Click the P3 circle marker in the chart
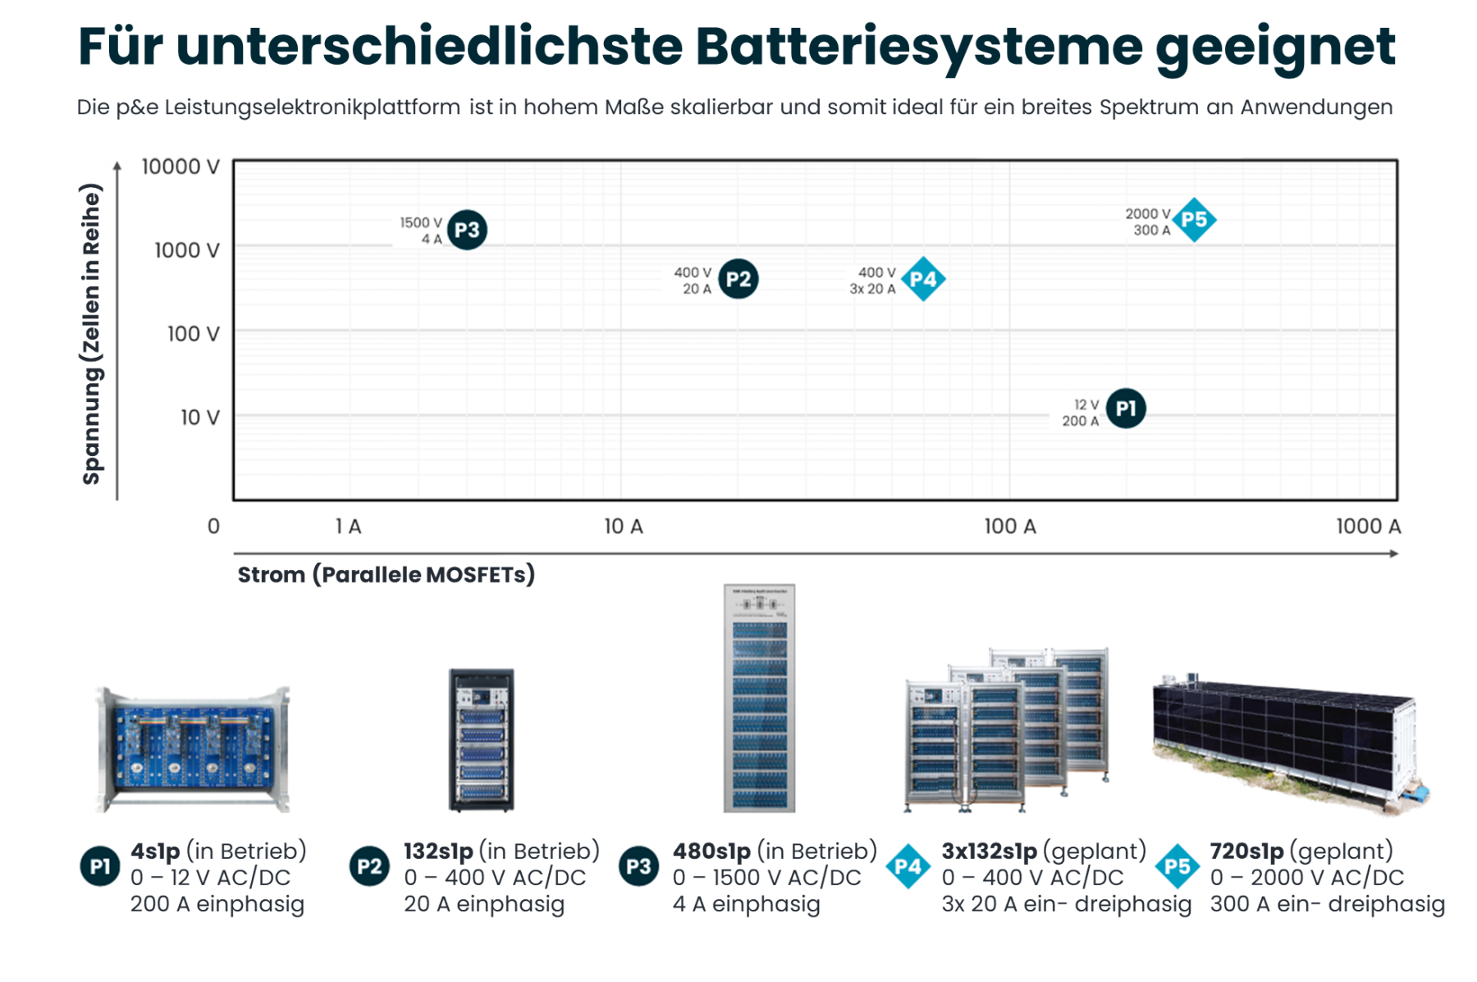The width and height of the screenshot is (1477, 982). tap(467, 230)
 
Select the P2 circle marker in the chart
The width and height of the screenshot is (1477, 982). tap(738, 279)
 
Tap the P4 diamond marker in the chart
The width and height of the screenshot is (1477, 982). tap(923, 279)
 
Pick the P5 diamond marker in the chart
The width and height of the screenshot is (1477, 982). tap(1194, 220)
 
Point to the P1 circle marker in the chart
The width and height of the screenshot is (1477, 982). tap(1126, 409)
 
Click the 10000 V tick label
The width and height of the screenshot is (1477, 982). tap(181, 167)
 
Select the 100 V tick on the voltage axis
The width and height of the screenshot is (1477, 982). tap(194, 334)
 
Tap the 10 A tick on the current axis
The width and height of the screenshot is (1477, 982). tap(624, 527)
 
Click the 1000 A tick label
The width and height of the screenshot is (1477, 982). tap(1368, 527)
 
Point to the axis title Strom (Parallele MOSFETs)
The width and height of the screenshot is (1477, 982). tap(386, 574)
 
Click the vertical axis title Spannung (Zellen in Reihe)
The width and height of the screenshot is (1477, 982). tap(92, 334)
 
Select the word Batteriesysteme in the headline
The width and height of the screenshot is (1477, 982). tap(918, 48)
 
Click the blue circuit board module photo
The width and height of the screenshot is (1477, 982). tap(193, 748)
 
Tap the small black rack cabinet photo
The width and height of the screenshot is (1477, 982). tap(482, 739)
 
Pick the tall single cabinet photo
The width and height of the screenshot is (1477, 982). tap(759, 698)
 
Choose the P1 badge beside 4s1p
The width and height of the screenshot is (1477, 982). tap(100, 866)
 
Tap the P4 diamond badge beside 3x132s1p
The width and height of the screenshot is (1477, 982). tap(908, 866)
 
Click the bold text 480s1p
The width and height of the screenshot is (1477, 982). tap(711, 852)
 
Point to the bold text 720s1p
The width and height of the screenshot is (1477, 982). tap(1246, 852)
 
